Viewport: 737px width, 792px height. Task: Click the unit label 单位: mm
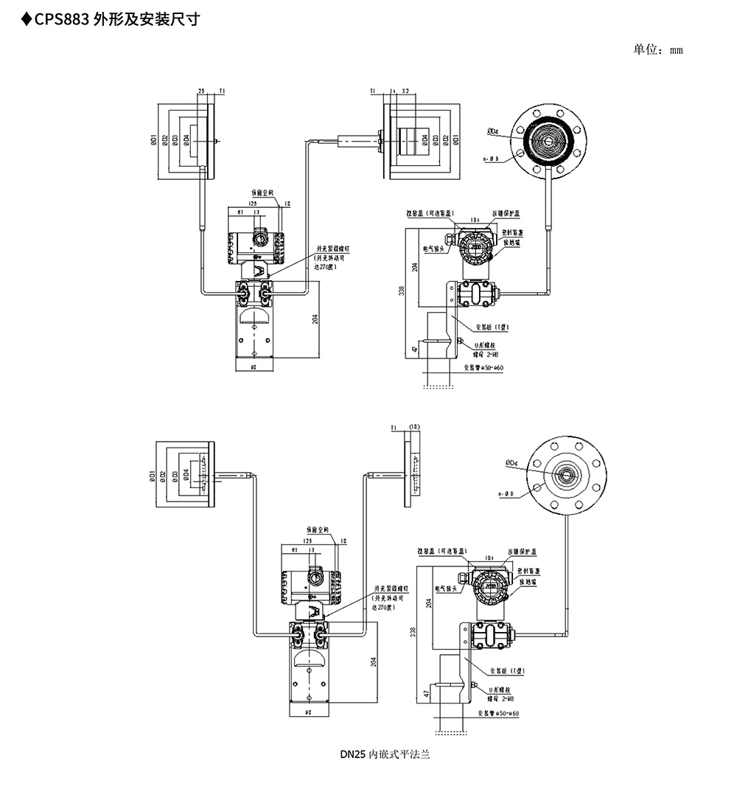(658, 49)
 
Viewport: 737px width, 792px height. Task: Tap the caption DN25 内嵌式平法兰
(384, 754)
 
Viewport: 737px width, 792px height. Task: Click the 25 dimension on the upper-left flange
(201, 91)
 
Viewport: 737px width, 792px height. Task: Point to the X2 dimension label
(405, 91)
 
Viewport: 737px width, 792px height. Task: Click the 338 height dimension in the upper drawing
(402, 291)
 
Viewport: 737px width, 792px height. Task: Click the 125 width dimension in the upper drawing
(252, 203)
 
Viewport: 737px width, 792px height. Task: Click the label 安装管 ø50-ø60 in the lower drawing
(497, 714)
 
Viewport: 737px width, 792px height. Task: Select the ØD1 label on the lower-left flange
(152, 476)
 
